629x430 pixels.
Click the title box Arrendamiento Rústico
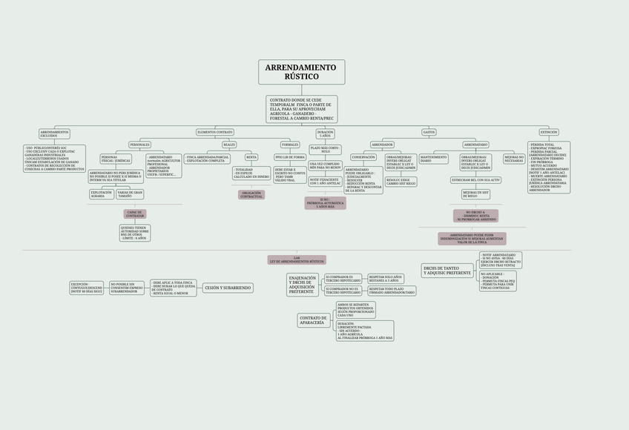301,72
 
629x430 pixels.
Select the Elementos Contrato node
215,132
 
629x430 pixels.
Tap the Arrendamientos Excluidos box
54,134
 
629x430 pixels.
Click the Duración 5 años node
325,133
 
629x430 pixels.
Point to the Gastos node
429,132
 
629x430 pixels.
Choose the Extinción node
549,132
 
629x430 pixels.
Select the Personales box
139,145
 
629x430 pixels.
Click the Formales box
290,145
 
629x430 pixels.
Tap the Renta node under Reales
251,157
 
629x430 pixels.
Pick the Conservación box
363,157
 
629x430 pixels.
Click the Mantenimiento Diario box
434,159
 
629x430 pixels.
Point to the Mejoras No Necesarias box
514,159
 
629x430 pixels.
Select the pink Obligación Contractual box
251,195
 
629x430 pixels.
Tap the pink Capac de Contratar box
135,214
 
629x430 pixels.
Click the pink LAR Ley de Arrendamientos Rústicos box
297,260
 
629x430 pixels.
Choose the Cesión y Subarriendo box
228,288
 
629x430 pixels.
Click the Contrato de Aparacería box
312,320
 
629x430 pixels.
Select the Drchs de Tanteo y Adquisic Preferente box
447,271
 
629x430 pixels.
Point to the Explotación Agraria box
101,194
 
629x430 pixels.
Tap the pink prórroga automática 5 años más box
325,203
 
